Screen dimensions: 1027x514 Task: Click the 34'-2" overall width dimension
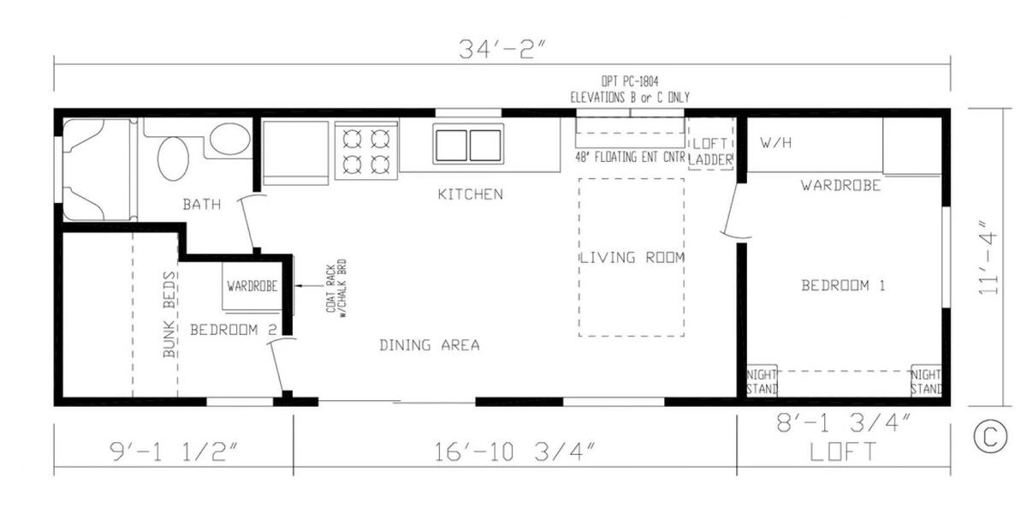[x=503, y=49]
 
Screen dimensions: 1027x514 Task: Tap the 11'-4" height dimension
[x=988, y=258]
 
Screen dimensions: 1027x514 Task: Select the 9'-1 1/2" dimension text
[x=175, y=452]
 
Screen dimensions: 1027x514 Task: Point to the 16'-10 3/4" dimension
[x=514, y=452]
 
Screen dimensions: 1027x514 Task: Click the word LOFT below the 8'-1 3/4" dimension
[x=843, y=451]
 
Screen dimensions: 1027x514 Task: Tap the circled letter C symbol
[x=990, y=436]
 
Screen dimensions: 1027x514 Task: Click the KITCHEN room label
[x=471, y=194]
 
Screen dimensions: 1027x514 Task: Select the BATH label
[x=202, y=204]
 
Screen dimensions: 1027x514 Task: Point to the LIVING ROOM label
[x=632, y=258]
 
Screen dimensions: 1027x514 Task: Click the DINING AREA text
[x=430, y=345]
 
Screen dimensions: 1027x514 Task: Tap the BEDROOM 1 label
[x=843, y=285]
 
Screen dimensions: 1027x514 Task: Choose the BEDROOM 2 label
[x=234, y=330]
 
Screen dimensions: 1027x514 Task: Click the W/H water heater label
[x=775, y=143]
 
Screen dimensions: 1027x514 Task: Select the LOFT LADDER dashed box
[x=710, y=144]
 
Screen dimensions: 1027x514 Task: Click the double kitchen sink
[x=468, y=144]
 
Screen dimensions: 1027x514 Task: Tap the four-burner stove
[x=366, y=151]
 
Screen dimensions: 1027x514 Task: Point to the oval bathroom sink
[x=173, y=158]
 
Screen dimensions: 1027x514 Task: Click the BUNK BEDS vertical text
[x=169, y=315]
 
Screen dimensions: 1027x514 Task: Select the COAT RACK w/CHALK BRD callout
[x=336, y=288]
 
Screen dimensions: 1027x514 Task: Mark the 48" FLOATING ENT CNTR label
[x=631, y=158]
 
